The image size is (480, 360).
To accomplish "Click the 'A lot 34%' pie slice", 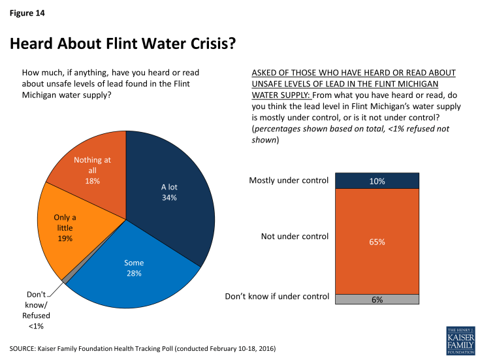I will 171,193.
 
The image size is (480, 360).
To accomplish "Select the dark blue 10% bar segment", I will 377,181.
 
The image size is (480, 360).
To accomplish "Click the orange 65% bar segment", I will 377,241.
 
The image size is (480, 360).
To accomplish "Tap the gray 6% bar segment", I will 377,299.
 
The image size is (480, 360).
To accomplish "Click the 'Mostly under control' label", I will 289,180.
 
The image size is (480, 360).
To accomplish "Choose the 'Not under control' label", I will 295,237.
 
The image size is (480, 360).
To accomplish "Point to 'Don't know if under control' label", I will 277,297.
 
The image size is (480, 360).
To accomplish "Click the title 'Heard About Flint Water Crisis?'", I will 122,44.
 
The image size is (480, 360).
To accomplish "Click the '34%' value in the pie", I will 170,198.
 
